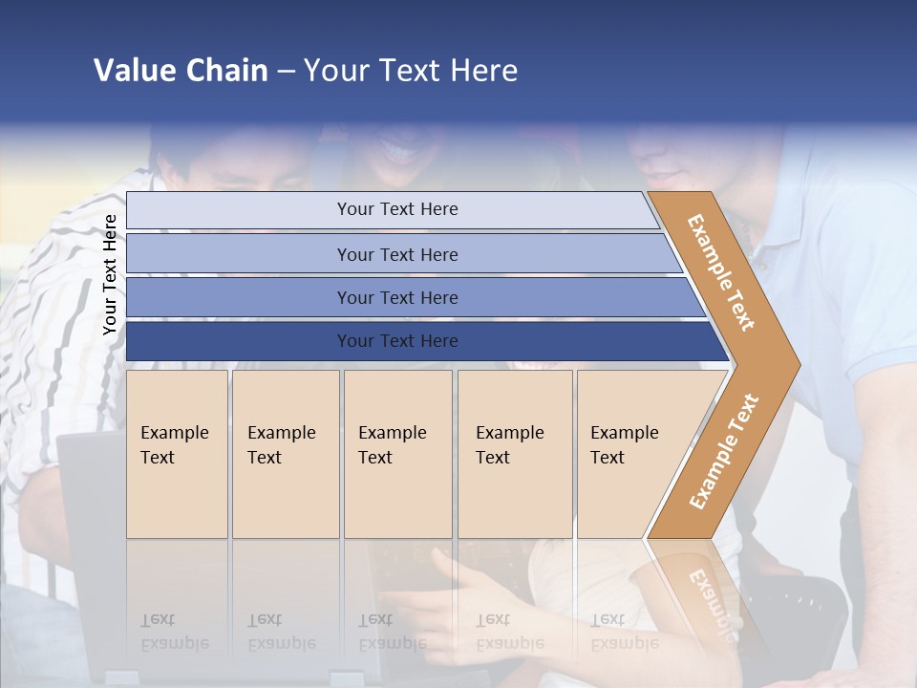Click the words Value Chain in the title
pos(181,71)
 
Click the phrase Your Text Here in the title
pos(411,71)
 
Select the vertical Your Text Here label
pos(110,275)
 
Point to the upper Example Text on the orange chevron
pos(721,272)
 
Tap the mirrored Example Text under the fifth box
pos(624,632)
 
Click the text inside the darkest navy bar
pos(397,341)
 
